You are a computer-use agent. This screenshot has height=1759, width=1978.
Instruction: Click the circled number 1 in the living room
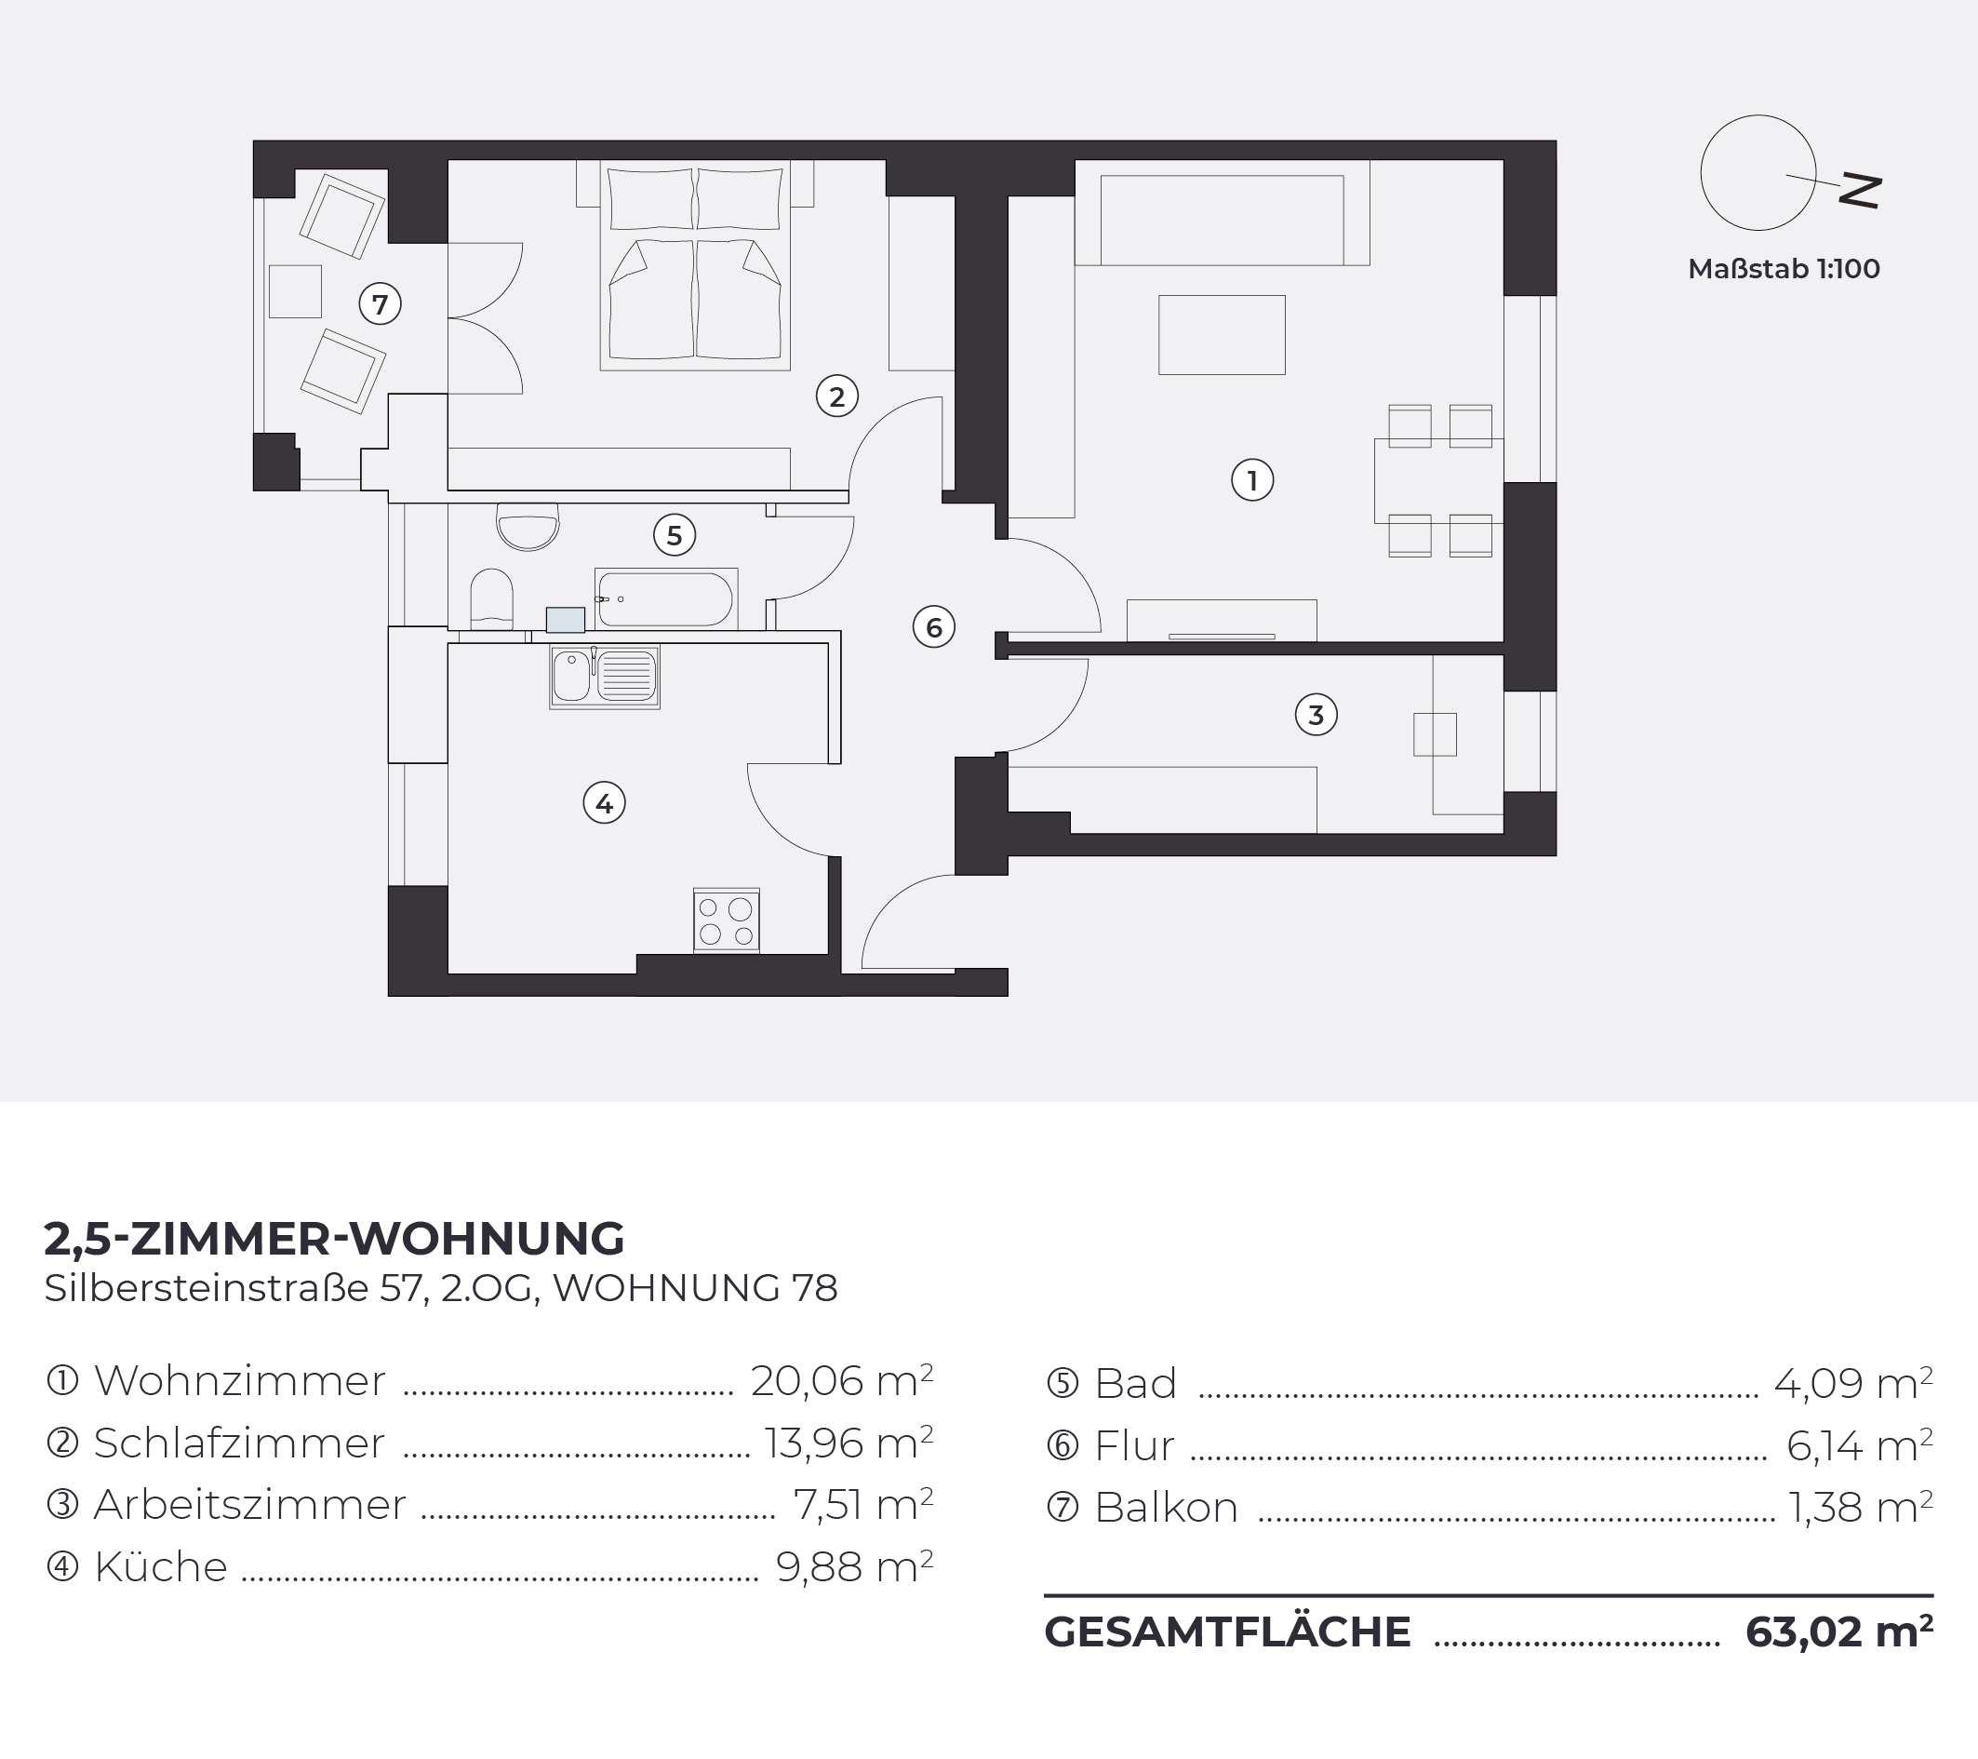1252,480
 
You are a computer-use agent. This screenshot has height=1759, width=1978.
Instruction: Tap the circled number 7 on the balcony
381,305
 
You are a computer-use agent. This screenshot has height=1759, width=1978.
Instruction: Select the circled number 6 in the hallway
934,627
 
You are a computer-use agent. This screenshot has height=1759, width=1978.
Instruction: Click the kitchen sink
605,676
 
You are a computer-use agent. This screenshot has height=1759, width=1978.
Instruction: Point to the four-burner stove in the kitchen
726,920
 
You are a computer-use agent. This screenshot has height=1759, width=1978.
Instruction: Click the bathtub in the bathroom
666,599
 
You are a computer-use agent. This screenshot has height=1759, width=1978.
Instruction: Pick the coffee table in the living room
1223,335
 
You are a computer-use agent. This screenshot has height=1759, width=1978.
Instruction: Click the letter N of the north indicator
1860,191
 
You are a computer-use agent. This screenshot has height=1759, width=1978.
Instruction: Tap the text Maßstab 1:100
1784,268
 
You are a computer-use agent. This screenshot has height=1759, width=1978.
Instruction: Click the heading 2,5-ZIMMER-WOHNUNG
335,1238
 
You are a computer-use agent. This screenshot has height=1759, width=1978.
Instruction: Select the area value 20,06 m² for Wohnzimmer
842,1380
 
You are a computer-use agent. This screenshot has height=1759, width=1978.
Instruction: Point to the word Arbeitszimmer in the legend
249,1504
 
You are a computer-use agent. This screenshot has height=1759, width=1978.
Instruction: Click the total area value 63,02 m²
1838,1631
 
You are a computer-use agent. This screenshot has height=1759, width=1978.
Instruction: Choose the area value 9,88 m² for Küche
854,1566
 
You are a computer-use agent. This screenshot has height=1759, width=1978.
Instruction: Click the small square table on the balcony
295,291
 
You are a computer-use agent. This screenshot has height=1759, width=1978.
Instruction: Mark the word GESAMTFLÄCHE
1227,1631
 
